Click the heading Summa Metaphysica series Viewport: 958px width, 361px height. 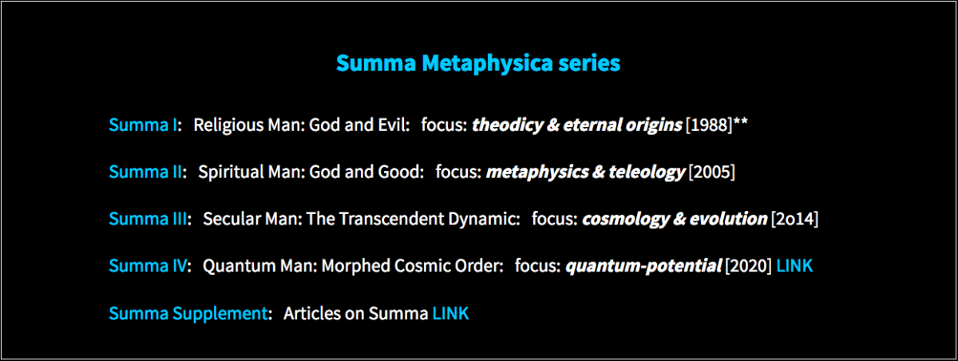click(477, 63)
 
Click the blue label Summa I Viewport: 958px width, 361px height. click(143, 125)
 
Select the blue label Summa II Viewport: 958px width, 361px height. click(145, 172)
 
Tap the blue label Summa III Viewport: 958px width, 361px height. click(148, 219)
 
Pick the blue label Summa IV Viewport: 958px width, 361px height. click(148, 266)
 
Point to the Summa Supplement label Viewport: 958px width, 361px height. click(188, 314)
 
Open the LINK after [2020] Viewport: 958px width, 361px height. click(794, 266)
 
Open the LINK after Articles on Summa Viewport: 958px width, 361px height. click(450, 314)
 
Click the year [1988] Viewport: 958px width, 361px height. click(709, 125)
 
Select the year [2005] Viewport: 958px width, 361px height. click(711, 173)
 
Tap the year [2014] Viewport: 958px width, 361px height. click(794, 220)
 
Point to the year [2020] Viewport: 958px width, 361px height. click(748, 267)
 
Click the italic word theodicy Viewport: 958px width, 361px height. click(507, 125)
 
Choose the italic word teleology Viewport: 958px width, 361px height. click(647, 173)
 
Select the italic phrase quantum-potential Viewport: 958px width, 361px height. click(643, 267)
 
